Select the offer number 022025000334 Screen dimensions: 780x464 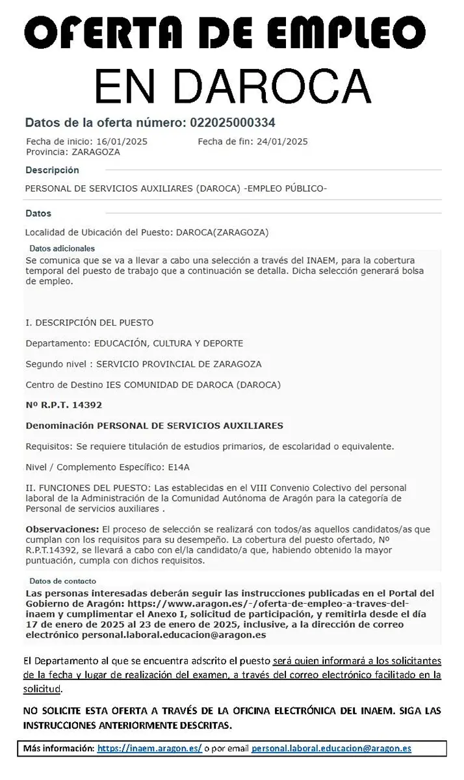232,122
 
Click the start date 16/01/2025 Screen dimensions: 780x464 122,142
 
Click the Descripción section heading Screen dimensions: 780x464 52,170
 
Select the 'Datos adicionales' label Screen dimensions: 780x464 62,248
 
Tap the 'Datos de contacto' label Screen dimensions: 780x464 62,581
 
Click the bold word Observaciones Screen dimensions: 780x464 62,529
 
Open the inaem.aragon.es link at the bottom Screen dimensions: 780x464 149,749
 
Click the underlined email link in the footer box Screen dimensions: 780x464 331,749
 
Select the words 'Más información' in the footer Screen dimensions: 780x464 58,749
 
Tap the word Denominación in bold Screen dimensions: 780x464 59,426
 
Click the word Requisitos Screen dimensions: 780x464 49,447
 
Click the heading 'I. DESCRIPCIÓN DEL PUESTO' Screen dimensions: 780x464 89,322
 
